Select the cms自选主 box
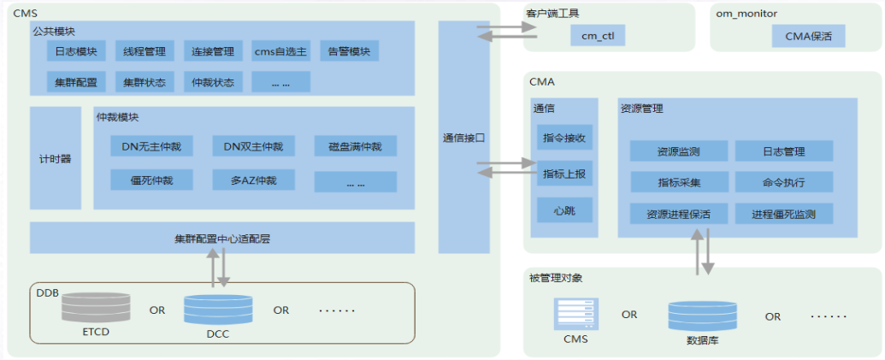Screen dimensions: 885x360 coord(280,51)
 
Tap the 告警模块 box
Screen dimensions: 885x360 coord(349,51)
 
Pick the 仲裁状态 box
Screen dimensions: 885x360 coord(213,82)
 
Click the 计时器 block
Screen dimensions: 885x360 coord(56,158)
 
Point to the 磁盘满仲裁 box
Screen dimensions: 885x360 coord(356,146)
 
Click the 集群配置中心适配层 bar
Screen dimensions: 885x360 coord(222,238)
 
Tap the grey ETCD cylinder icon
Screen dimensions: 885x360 coord(96,308)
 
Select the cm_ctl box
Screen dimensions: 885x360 coord(598,36)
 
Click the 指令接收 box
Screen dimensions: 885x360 coord(564,137)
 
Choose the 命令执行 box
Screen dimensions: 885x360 coord(784,182)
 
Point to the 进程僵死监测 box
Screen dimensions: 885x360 coord(784,214)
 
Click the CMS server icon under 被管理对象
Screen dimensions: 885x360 coord(575,314)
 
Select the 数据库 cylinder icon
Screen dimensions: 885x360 coord(703,316)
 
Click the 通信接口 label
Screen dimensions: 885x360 coord(464,137)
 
